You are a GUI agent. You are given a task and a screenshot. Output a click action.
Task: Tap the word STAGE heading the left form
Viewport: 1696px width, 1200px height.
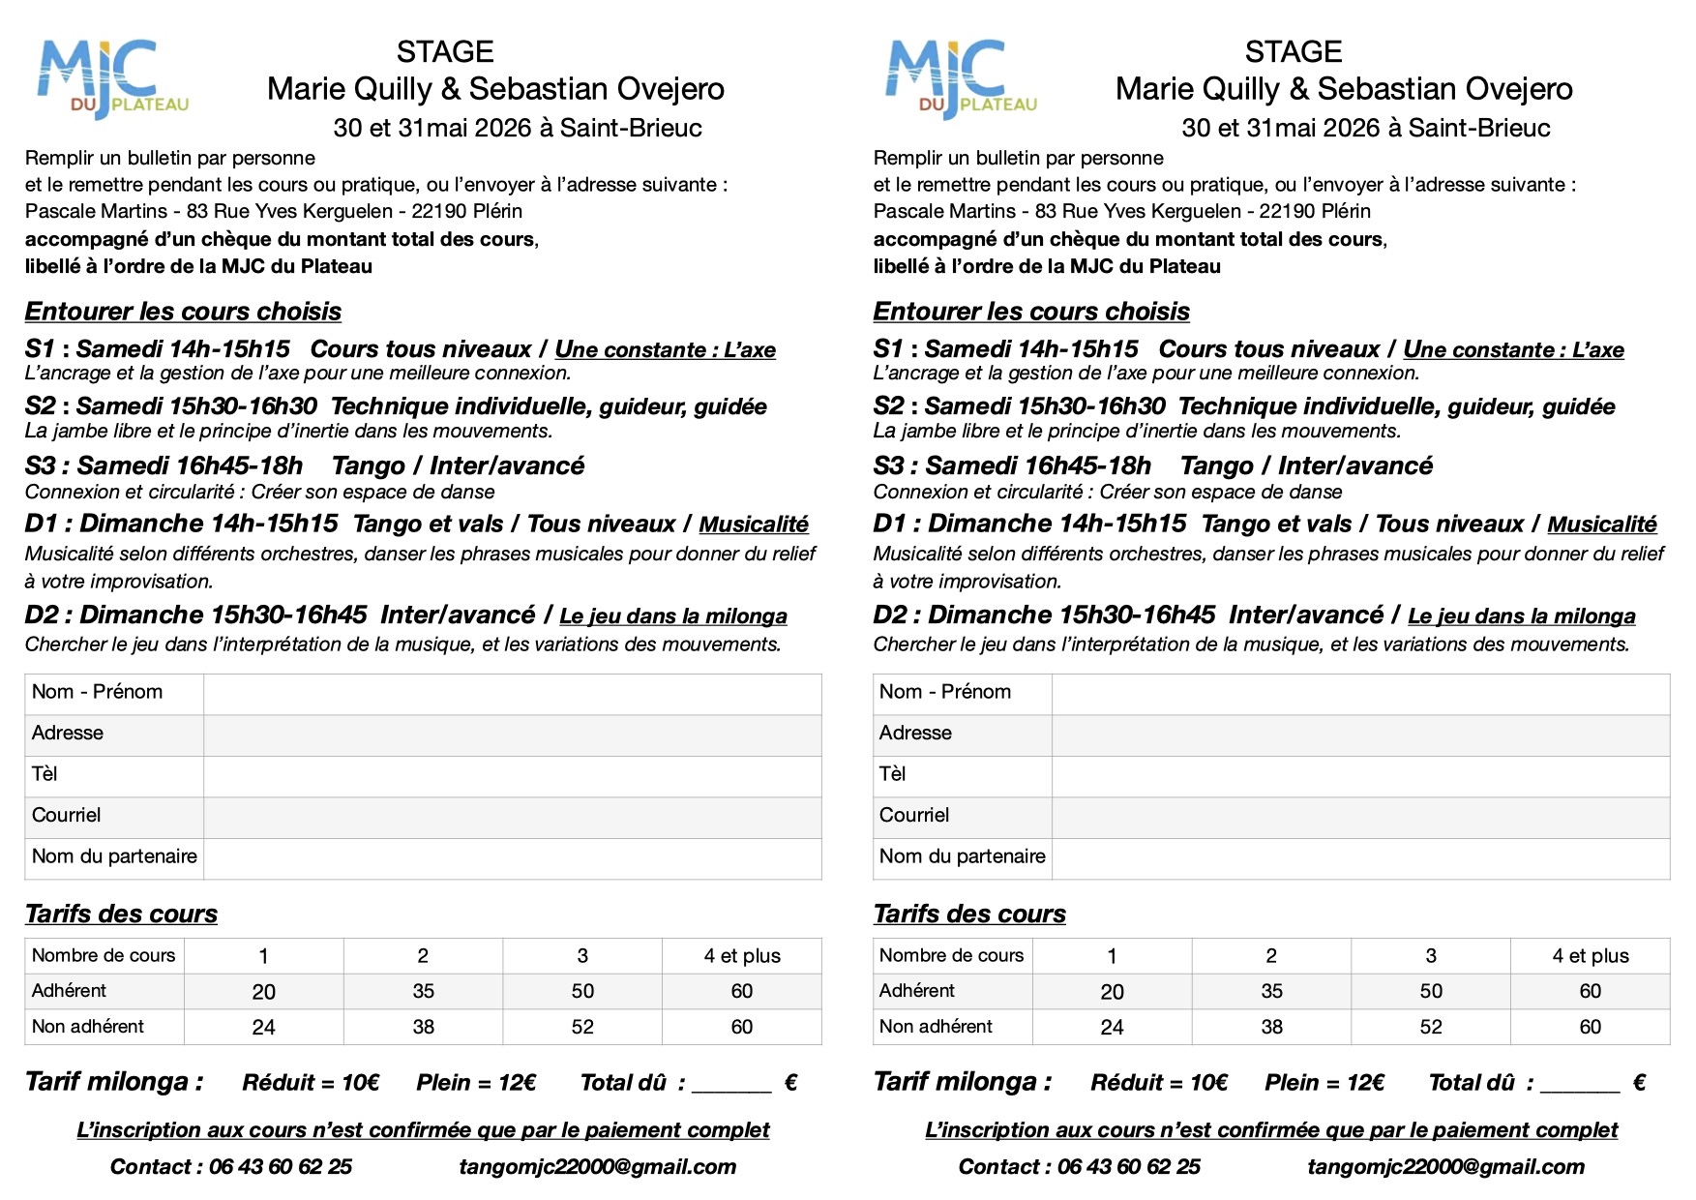coord(445,51)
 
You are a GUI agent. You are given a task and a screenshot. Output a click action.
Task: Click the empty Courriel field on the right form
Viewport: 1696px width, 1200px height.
coord(1360,817)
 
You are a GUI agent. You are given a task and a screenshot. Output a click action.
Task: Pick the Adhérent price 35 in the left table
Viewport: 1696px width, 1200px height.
coord(423,991)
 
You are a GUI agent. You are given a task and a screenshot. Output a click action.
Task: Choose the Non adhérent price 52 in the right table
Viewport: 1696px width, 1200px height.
coord(1431,1027)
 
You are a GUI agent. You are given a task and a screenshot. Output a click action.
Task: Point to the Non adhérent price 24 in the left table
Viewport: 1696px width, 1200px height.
coord(263,1027)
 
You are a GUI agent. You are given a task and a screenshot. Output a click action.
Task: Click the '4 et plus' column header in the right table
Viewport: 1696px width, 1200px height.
coord(1590,956)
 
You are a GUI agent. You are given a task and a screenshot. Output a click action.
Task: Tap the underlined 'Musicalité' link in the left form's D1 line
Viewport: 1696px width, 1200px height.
coord(754,525)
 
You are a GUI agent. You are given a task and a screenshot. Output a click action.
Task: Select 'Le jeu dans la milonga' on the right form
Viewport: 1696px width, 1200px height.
coord(1521,616)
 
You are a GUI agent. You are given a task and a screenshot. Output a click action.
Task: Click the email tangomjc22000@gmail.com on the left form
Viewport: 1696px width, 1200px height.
coord(598,1167)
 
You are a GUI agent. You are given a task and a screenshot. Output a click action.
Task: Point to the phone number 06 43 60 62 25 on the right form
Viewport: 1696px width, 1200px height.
coord(1128,1167)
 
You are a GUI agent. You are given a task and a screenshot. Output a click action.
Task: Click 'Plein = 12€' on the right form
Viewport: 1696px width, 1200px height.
coord(1324,1083)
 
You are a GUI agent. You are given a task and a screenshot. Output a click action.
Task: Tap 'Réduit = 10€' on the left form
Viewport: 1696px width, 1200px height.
coord(311,1083)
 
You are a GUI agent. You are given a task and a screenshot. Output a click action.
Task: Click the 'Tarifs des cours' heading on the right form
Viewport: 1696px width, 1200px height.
coord(969,914)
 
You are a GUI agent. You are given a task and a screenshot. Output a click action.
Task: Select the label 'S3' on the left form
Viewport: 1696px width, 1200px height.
coord(42,466)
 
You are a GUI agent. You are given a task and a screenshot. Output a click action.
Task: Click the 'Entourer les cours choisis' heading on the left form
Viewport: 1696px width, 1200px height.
coord(183,312)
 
